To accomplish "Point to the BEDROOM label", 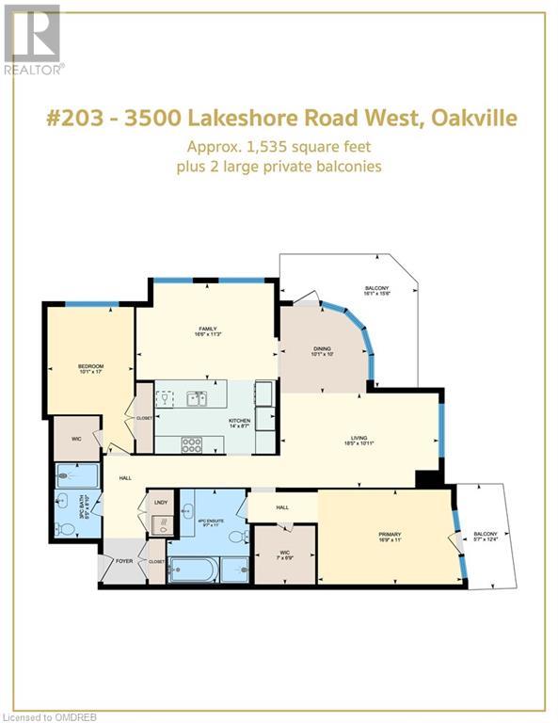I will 90,367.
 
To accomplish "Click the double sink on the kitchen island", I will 197,397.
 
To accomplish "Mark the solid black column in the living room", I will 428,478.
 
